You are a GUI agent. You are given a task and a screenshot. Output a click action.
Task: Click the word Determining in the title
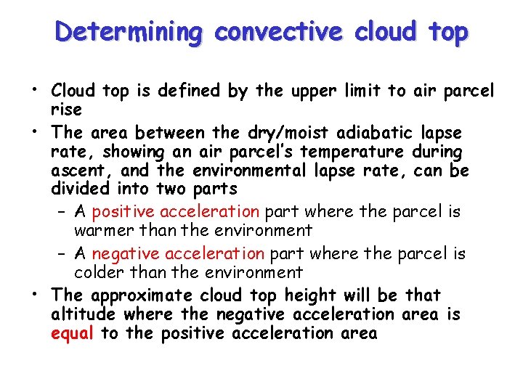131,32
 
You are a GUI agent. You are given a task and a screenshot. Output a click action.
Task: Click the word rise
66,109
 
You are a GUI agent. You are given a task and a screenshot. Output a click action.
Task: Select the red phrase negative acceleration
179,253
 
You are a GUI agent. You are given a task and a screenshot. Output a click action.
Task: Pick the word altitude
84,314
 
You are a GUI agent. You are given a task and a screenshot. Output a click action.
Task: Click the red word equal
73,333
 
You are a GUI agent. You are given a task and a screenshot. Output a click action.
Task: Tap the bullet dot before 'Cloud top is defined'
34,91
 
